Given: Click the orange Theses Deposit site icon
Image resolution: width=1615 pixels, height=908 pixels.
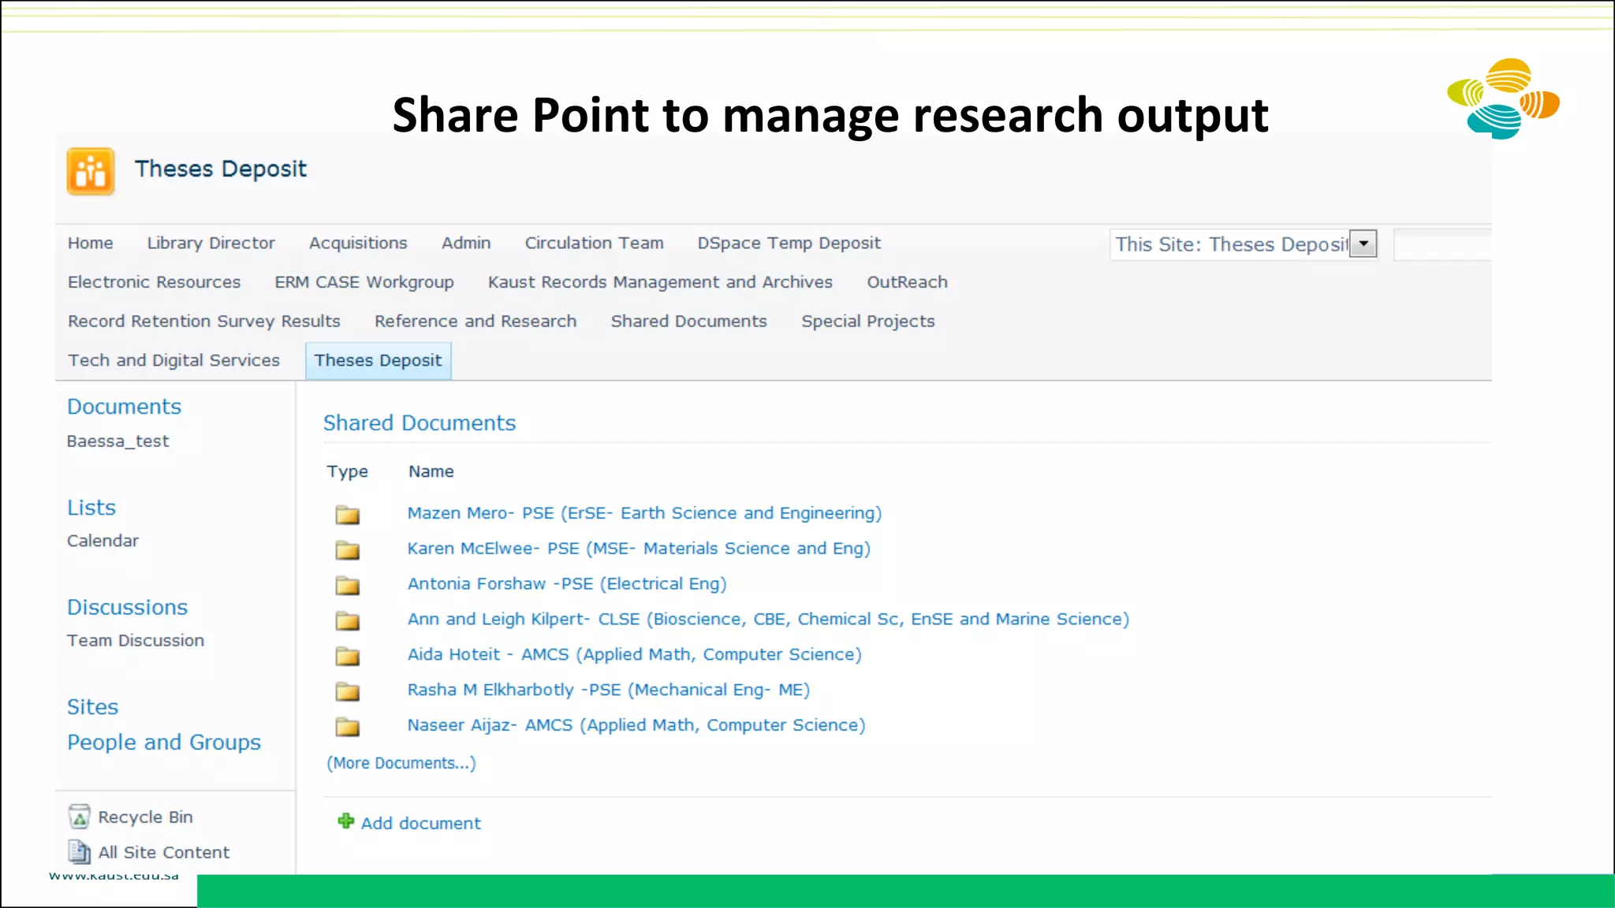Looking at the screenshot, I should pos(91,171).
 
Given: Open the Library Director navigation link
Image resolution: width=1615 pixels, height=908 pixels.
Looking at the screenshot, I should pos(211,243).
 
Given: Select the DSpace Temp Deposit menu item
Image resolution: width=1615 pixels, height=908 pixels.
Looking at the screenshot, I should pos(789,243).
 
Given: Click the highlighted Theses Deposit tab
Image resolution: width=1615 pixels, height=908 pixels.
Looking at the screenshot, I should pos(378,360).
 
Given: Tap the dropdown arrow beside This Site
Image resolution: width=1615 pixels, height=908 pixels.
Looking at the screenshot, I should pos(1363,244).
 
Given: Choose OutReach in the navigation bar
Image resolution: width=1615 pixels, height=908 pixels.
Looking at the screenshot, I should pos(907,282).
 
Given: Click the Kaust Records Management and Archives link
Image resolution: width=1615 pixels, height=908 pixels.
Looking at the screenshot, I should pos(660,282).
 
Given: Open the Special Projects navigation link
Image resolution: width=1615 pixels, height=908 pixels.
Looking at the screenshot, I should pos(867,321).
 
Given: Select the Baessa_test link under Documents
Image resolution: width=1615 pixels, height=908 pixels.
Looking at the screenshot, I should pos(117,441).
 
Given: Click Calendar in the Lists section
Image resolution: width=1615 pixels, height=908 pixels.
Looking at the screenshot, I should pos(103,541).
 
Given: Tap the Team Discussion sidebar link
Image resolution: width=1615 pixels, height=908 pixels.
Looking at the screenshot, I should pos(135,641).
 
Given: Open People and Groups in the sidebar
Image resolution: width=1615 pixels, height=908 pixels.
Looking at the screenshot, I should pos(163,742).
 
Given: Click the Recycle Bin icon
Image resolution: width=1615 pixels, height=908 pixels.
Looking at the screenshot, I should pos(79,817).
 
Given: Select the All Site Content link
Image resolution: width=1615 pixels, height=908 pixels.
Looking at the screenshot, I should pos(163,852).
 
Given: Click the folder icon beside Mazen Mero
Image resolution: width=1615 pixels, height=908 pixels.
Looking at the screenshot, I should pos(347,515).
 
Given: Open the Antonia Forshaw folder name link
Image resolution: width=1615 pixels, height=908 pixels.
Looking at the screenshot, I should pos(566,584).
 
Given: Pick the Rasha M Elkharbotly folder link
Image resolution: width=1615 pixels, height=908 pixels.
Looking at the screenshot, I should pos(608,690).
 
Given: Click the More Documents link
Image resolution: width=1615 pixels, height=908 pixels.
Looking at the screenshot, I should pos(401,763).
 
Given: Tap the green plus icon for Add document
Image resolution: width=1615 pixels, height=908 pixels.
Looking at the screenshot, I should pos(345,821).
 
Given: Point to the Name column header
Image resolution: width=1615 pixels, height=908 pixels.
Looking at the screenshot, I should pos(431,471).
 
